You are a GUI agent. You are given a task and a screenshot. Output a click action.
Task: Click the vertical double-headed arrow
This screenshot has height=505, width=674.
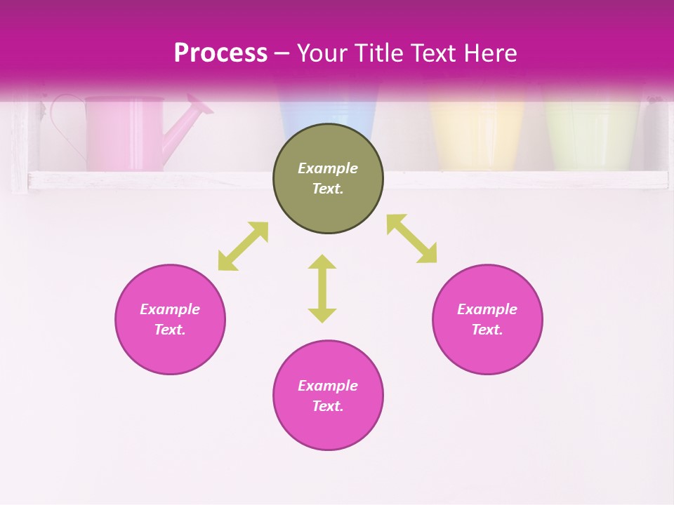click(322, 288)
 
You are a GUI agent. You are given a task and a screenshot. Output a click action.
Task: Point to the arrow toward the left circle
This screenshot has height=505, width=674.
click(243, 246)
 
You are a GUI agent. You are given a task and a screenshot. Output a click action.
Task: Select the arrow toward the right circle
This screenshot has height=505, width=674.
click(411, 238)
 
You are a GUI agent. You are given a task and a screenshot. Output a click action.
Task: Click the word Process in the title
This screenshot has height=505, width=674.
click(220, 53)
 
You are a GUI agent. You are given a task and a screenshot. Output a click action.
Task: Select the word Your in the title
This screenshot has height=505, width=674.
click(324, 53)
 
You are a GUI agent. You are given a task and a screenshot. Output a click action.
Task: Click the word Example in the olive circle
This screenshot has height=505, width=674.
click(328, 168)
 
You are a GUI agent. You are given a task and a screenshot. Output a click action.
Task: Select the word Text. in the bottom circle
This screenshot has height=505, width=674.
click(328, 406)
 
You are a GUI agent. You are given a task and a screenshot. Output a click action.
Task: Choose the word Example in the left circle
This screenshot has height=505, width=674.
click(170, 309)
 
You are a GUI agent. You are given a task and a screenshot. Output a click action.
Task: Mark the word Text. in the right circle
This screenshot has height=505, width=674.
click(487, 330)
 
